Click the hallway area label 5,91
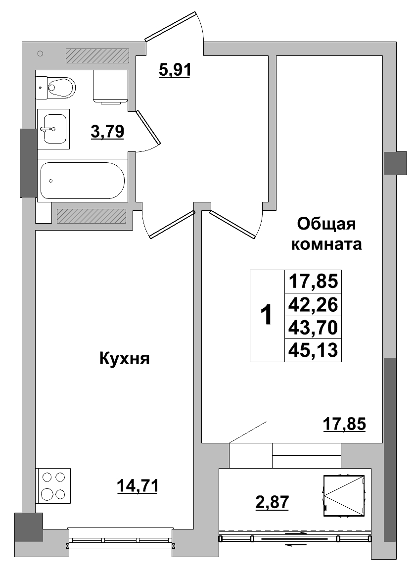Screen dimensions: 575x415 175,70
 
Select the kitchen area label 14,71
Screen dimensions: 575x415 138,486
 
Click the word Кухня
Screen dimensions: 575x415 124,358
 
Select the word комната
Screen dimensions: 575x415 326,244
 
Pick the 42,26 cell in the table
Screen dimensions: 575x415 313,304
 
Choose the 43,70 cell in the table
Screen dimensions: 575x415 313,327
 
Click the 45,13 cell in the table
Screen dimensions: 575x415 313,350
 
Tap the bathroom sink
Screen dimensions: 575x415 53,129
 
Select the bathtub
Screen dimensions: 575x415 82,180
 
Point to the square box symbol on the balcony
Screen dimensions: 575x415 344,495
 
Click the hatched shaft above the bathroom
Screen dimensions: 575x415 97,56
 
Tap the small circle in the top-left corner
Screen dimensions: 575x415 41,53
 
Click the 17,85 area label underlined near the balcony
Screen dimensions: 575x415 344,424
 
